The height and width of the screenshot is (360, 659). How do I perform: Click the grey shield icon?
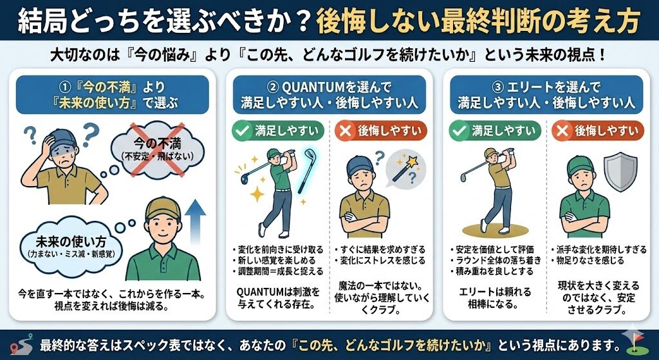point(620,173)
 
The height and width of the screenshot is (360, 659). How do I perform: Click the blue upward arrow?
point(196,221)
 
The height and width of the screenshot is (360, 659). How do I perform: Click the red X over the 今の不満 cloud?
point(157,149)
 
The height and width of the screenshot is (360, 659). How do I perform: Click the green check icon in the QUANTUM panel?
point(242,131)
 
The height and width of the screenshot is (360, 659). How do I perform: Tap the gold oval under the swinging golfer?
point(494,230)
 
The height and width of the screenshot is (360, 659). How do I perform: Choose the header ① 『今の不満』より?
point(112,88)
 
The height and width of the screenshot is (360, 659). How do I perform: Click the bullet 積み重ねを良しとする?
point(491,272)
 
